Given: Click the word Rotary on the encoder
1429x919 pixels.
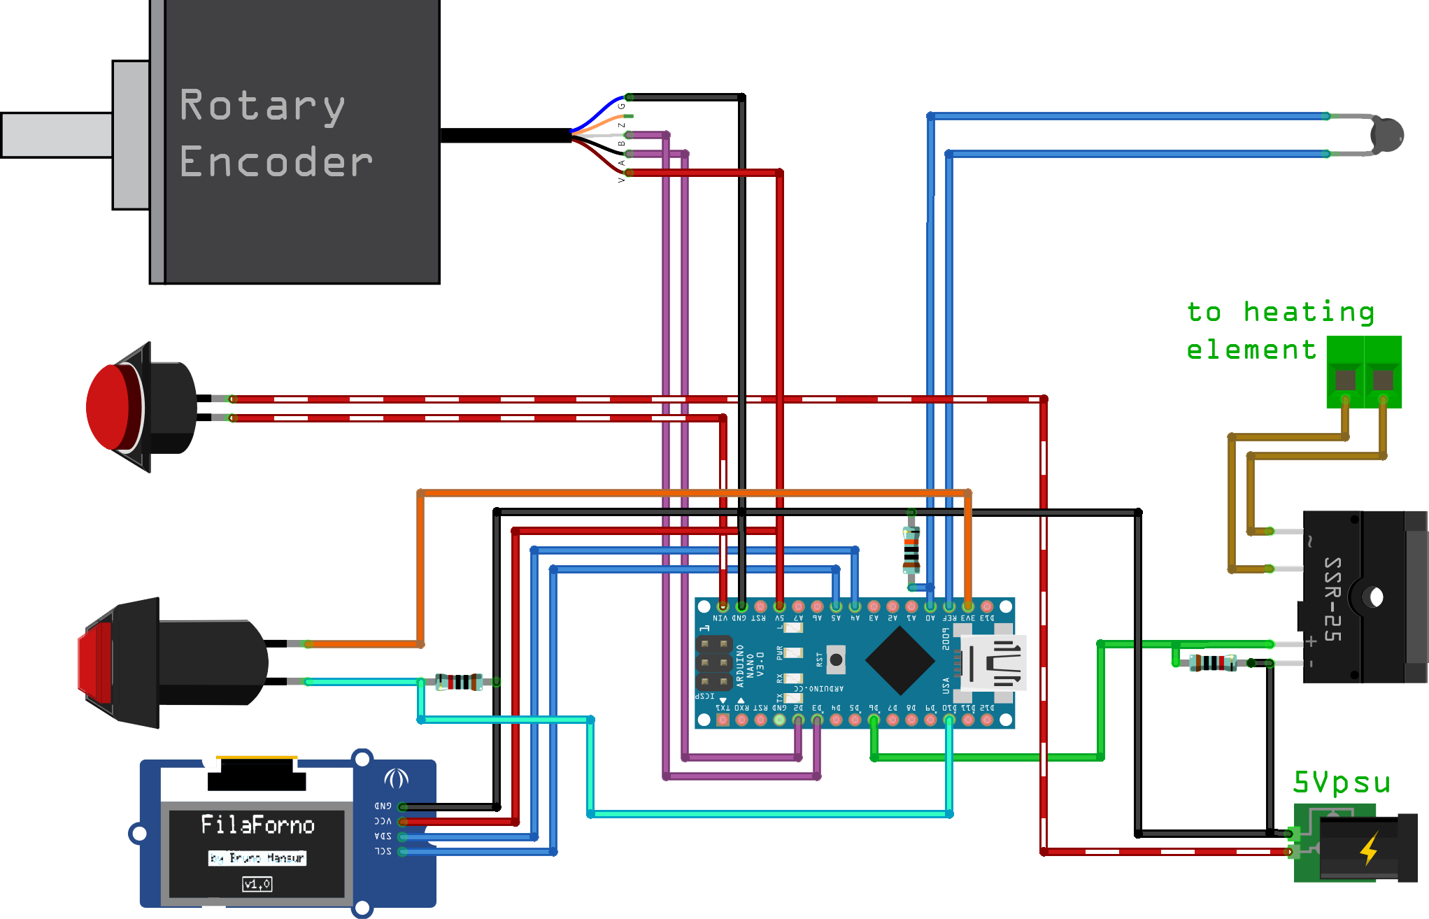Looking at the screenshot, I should (262, 106).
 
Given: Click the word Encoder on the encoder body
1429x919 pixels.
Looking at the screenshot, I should (276, 162).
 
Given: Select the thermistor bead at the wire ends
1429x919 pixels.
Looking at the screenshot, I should (1387, 135).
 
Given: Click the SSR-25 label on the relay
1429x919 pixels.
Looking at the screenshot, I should (1332, 599).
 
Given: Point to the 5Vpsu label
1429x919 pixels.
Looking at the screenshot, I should (1341, 783).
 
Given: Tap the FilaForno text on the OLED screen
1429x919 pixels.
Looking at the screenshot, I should (257, 825).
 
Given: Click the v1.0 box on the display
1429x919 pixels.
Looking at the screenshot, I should (257, 884).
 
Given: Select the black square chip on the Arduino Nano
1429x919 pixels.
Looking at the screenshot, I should (900, 660).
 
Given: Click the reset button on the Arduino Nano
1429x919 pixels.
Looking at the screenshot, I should (835, 660).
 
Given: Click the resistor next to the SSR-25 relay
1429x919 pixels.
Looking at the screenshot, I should (1212, 662).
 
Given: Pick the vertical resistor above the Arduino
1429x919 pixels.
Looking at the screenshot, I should (911, 550).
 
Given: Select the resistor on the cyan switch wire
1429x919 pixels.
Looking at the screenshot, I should (459, 682).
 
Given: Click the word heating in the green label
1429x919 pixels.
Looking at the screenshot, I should (1307, 312).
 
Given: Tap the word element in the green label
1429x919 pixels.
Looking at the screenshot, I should (1251, 349).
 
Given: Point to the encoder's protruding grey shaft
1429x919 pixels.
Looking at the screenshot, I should (56, 135).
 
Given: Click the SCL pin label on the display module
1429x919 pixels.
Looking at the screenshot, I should (383, 851).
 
